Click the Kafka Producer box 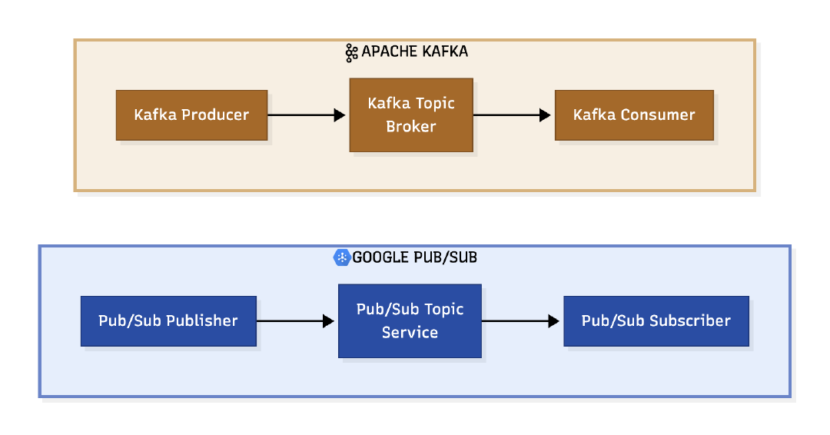click(x=191, y=115)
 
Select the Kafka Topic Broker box click(x=411, y=115)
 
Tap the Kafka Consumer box click(x=634, y=115)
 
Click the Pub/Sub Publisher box click(x=168, y=321)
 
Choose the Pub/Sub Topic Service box click(x=410, y=321)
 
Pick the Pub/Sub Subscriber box click(x=656, y=321)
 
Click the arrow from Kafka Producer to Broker click(x=307, y=115)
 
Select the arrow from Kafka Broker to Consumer click(x=513, y=115)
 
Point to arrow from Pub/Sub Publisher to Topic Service click(x=296, y=321)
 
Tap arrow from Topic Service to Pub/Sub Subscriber click(x=521, y=321)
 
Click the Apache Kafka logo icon click(x=351, y=52)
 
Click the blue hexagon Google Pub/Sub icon click(x=342, y=257)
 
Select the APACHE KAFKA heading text click(x=414, y=52)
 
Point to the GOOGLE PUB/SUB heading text click(x=414, y=257)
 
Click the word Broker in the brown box click(x=411, y=127)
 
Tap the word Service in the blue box click(x=410, y=333)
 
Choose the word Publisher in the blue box click(x=202, y=321)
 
